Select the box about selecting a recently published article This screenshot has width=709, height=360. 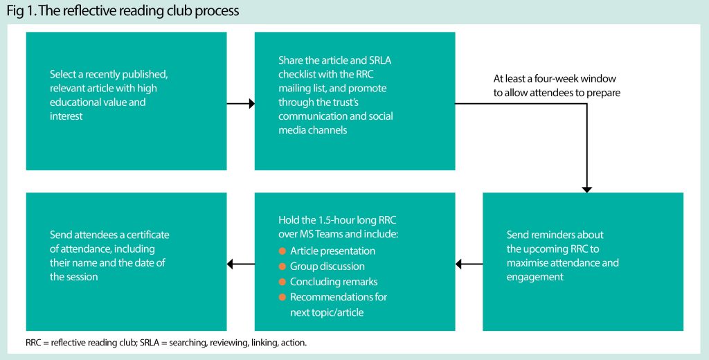click(126, 101)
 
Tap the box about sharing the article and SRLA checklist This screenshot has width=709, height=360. click(354, 101)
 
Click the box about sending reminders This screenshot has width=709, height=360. click(583, 261)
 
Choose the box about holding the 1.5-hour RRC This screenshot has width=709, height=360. click(354, 261)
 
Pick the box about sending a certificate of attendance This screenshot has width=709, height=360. click(126, 261)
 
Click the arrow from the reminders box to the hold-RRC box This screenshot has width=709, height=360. click(469, 263)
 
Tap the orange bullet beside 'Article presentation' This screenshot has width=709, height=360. click(282, 251)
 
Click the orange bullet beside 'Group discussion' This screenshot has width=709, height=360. click(282, 266)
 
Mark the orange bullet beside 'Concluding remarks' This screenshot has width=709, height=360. click(282, 282)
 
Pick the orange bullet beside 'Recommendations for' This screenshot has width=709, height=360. click(282, 297)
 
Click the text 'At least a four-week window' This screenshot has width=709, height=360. click(554, 78)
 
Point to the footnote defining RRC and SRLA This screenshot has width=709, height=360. click(166, 343)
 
